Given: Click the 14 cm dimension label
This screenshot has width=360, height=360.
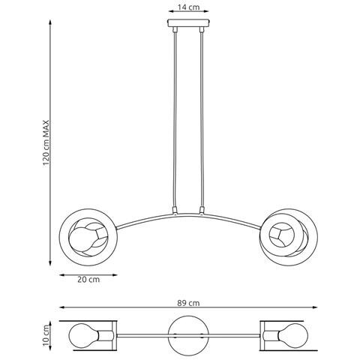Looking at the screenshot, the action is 188,7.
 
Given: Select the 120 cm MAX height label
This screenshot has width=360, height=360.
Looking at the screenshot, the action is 46,143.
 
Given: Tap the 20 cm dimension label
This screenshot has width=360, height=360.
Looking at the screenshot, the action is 88,279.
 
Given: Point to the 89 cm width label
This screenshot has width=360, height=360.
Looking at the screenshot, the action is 188,303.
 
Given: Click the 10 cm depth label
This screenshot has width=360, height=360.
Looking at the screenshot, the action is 46,336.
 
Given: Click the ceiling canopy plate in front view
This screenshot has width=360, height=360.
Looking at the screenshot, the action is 188,23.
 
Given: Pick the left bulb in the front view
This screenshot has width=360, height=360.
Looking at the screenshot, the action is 82,240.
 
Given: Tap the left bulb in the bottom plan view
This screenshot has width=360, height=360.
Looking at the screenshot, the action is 83,335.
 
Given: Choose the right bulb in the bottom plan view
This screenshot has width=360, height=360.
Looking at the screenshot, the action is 293,335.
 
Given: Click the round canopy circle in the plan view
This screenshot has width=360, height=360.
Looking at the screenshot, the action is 188,335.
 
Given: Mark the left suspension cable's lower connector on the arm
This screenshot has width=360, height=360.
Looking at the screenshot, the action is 175,210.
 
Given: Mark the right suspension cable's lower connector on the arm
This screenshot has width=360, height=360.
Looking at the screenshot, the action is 202,210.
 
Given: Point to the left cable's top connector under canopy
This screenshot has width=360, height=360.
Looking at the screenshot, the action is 175,29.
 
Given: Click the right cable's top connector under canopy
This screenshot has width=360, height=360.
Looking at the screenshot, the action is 202,29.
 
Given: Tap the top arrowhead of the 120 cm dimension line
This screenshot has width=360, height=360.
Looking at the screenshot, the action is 50,22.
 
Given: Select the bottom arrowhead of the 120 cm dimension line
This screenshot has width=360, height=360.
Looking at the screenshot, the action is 50,262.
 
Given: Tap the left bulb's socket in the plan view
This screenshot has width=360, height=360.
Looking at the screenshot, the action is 106,336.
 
